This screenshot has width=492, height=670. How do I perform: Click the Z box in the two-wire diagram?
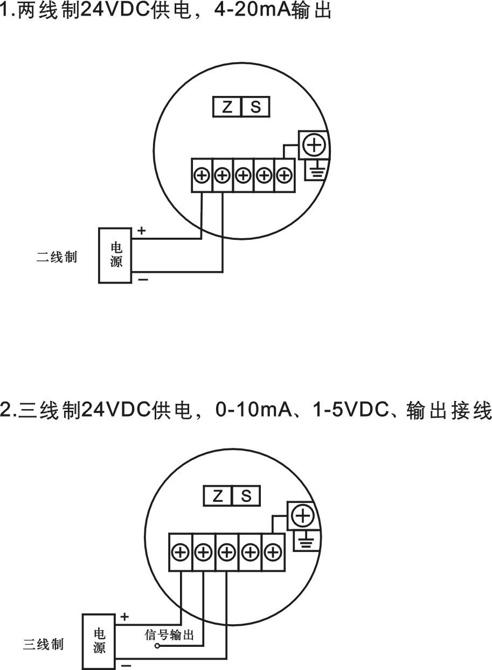coord(227,107)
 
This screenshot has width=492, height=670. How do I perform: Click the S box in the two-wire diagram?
coord(256,107)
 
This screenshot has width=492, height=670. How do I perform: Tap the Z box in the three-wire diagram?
coord(218,496)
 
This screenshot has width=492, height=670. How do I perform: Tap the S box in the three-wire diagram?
coord(246,496)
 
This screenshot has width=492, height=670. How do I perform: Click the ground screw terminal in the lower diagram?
coord(304,516)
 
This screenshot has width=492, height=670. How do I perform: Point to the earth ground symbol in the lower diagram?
coord(306,543)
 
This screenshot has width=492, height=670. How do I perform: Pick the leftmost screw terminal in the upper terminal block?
coord(202,176)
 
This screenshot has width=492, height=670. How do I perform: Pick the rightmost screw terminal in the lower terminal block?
coord(273,552)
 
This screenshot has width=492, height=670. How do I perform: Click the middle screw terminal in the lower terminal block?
coord(227,552)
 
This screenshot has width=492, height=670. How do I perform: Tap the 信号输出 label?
coord(169,634)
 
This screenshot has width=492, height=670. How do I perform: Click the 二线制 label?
coord(57,258)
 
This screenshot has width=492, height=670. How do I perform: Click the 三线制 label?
coord(43,644)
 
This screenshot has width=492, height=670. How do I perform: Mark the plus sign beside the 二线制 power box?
coord(142,231)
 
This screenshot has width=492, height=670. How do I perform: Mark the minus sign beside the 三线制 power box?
coord(126,666)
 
